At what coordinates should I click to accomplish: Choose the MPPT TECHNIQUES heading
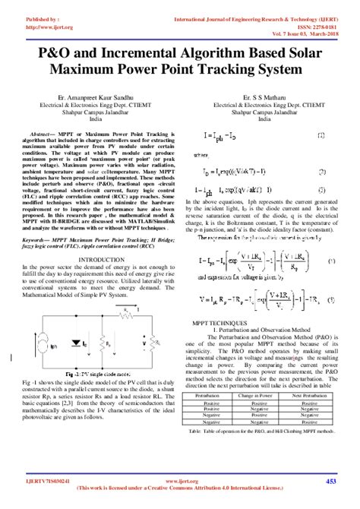pos(221,323)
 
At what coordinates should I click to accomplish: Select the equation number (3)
pos(331,298)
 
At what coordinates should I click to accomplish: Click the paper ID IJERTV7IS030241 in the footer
pos(39,480)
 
